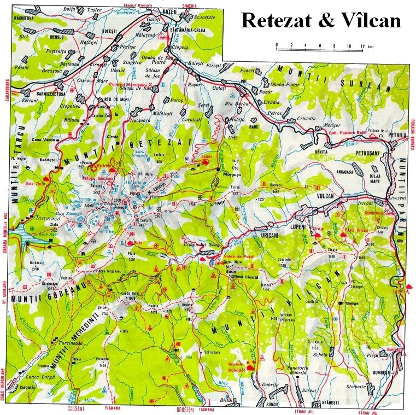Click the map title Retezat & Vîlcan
click(x=321, y=20)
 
